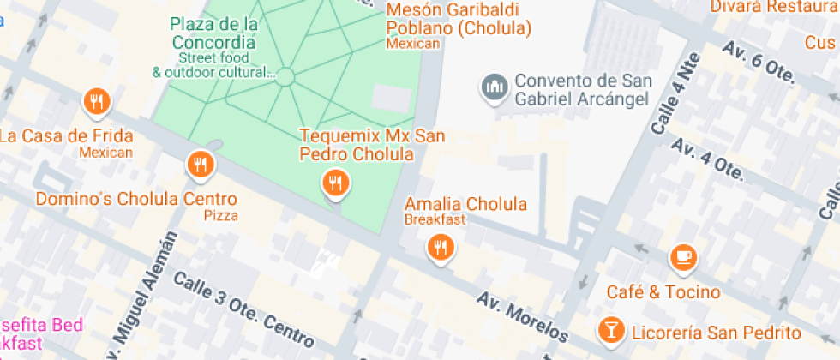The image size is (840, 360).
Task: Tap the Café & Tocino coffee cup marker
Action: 683,255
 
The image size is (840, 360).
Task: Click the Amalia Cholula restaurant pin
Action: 441,248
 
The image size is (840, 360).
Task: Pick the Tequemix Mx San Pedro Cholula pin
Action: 334,182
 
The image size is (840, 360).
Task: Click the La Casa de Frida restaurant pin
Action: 97,102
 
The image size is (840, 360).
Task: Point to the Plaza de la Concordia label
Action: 213,33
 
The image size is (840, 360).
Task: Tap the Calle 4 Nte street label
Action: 676,94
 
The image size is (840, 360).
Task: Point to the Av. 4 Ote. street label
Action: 707,157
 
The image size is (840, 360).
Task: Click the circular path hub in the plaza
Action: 285,78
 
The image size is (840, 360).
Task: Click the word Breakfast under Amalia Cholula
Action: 435,219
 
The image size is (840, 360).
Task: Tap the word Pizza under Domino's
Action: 221,215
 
